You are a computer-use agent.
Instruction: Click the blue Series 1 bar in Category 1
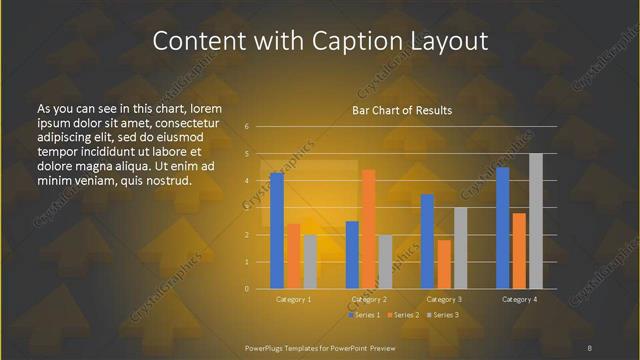277,231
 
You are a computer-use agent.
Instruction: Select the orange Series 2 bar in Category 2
368,229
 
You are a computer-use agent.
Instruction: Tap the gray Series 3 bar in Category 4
536,221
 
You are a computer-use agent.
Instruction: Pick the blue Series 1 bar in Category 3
427,241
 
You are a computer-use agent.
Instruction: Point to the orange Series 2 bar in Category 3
444,264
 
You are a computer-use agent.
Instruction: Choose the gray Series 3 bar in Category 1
310,262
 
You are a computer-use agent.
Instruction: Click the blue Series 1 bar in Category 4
503,228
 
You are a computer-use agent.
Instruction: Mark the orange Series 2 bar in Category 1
293,256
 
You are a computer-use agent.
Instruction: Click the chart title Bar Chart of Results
401,110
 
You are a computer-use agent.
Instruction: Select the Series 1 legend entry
364,315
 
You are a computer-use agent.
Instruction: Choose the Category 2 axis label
369,299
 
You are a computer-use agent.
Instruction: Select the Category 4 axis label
519,299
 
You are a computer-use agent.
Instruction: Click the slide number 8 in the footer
590,347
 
